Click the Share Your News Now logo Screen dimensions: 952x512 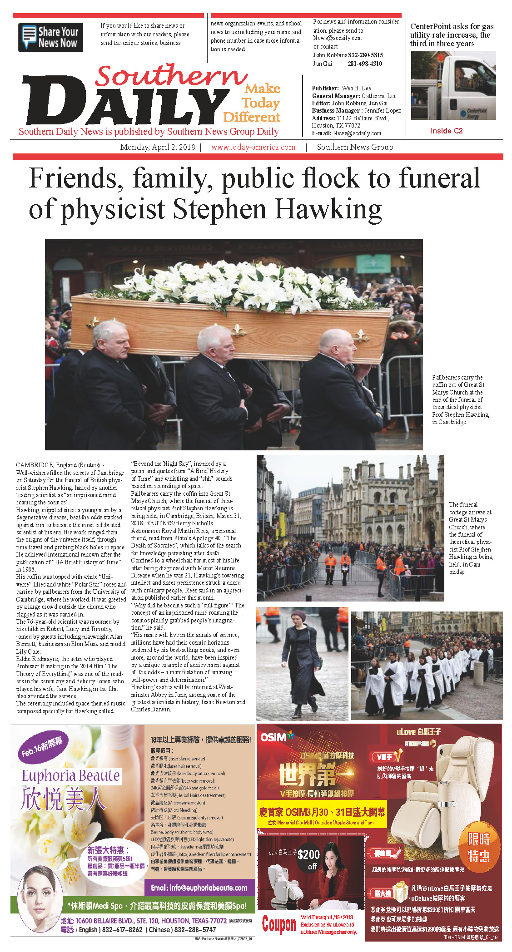pyautogui.click(x=50, y=37)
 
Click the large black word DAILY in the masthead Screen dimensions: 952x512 pyautogui.click(x=125, y=102)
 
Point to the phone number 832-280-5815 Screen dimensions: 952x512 pyautogui.click(x=365, y=55)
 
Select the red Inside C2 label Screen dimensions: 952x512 pyautogui.click(x=446, y=131)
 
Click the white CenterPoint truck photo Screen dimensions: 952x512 pyautogui.click(x=453, y=86)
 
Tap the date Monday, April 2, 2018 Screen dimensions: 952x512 pyautogui.click(x=157, y=147)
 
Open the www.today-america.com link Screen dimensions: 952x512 pyautogui.click(x=253, y=147)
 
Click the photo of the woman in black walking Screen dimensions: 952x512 pyautogui.click(x=302, y=663)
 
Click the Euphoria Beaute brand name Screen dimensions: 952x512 pyautogui.click(x=71, y=776)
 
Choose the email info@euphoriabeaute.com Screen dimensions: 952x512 pyautogui.click(x=199, y=888)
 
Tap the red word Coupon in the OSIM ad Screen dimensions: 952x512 pyautogui.click(x=279, y=924)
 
